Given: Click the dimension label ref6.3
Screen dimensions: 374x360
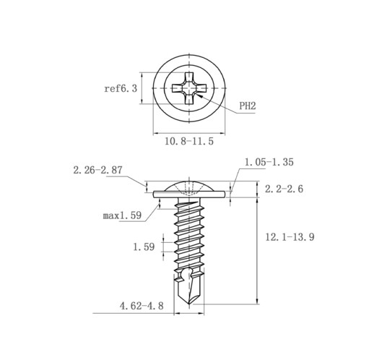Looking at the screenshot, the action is pos(121,88).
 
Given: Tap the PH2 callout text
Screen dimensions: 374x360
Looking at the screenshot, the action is pos(248,106).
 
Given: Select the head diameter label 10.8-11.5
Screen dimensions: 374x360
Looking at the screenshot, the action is pos(189,141).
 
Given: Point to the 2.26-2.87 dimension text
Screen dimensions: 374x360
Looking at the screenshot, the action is pos(97,170).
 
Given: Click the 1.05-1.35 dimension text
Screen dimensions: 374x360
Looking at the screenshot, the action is pos(269,162).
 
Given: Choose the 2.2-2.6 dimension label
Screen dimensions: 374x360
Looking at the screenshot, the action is pos(284,189).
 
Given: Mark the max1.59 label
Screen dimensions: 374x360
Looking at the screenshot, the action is pos(122,215).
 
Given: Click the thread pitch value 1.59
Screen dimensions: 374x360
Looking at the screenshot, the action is pos(144,247).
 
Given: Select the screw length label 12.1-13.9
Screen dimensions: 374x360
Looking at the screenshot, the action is pos(290,237).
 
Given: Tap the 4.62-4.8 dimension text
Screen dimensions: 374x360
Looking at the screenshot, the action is pos(142,306).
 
